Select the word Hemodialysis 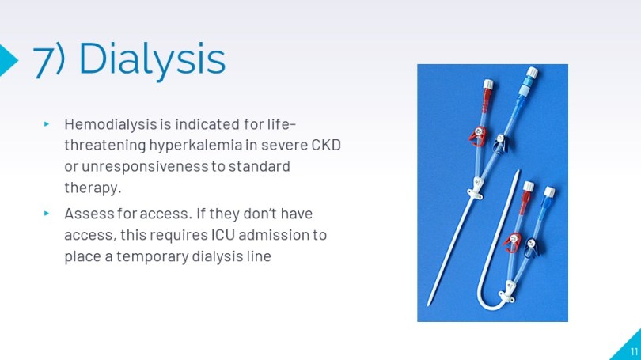(111, 123)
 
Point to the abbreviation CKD (326, 145)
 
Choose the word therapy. (93, 188)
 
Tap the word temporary (152, 256)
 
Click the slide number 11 (634, 351)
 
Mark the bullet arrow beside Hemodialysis (47, 123)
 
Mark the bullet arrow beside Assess (47, 214)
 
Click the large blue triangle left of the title (7, 60)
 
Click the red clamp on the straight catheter (477, 136)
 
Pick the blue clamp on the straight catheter (500, 144)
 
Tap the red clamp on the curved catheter (513, 242)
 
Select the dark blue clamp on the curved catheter (532, 247)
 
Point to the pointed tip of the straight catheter (428, 304)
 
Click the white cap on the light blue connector (532, 73)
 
